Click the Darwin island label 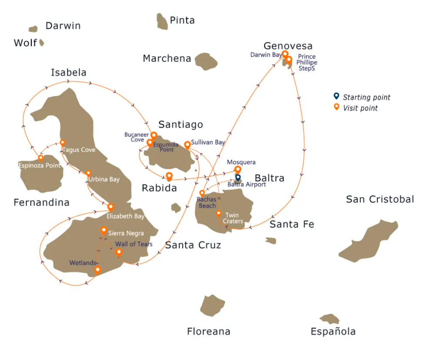tap(63, 26)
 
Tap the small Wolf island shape tap(41, 43)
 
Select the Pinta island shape tap(162, 21)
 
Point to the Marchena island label tap(167, 58)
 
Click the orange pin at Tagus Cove tap(62, 143)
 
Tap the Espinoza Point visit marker tap(41, 158)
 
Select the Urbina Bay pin tap(88, 173)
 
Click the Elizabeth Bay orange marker tap(111, 207)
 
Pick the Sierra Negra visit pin tap(104, 230)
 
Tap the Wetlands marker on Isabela tap(97, 270)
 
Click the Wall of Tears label tap(134, 244)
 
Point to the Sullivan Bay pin tap(188, 144)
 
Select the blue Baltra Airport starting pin tap(238, 177)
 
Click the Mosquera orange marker tap(238, 169)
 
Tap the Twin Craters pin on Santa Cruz tap(218, 213)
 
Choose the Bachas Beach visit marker tap(202, 193)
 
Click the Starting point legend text tap(366, 98)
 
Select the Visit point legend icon tap(336, 107)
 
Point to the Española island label tap(333, 332)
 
